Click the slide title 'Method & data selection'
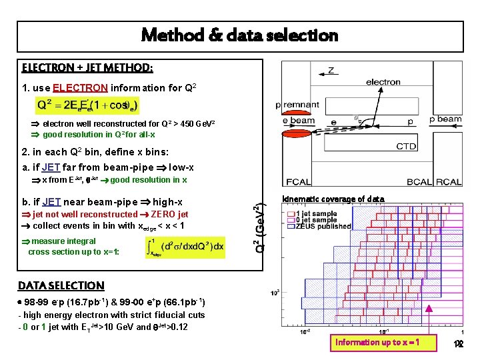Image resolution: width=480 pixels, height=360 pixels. point(239,35)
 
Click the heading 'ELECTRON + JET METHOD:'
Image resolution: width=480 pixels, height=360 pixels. point(87,68)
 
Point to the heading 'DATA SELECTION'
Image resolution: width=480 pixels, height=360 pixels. point(61,285)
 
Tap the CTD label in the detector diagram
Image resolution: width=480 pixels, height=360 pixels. point(406,146)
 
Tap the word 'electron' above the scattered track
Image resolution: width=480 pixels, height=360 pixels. point(383,82)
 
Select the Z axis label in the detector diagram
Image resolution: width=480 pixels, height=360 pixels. point(331,69)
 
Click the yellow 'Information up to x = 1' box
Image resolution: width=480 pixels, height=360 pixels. point(377,342)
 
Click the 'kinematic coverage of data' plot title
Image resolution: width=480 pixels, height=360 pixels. point(333,199)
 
